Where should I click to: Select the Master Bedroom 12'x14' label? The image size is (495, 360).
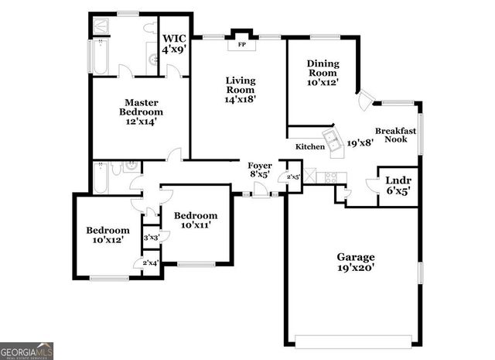pos(140,111)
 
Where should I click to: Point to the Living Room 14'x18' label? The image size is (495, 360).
pos(241,89)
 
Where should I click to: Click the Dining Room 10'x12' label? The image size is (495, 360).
pos(323,73)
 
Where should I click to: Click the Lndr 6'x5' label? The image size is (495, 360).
pos(398,186)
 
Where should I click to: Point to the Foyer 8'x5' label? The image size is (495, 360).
pos(259,170)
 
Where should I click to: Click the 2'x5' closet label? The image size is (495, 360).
pos(293,177)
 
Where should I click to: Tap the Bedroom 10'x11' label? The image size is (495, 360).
pos(195,220)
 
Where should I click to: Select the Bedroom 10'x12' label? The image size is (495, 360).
pos(108,235)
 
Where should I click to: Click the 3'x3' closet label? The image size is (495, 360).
pos(151,238)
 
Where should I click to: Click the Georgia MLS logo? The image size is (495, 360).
pos(27,350)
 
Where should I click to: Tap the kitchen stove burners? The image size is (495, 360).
pos(329,177)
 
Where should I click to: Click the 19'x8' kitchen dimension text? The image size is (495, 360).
pos(360,143)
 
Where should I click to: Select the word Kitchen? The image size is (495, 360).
pos(310,146)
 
